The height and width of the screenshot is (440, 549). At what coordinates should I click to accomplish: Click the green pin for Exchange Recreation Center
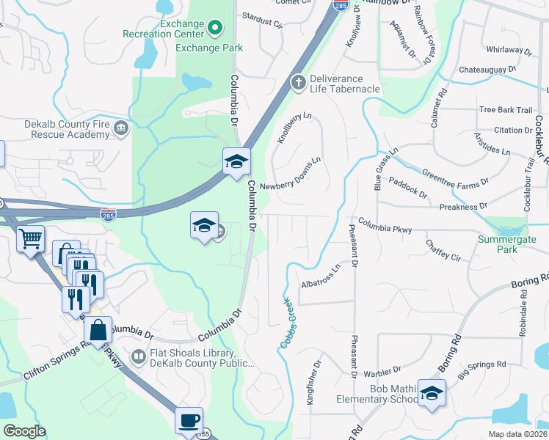[215, 29]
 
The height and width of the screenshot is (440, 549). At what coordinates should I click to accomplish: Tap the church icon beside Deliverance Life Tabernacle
[298, 81]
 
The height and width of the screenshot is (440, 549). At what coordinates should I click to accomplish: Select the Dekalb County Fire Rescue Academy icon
[122, 129]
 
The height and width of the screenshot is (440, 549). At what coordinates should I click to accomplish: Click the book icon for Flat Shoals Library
[138, 356]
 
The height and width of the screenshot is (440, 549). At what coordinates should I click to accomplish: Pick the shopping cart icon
[30, 238]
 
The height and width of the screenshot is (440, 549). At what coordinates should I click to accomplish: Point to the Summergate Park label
[507, 244]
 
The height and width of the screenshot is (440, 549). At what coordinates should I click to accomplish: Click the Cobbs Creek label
[286, 322]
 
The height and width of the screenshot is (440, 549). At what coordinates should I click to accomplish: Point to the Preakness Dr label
[457, 208]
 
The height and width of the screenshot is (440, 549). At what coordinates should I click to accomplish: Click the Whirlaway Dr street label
[509, 51]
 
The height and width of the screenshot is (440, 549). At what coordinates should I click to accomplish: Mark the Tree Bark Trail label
[505, 110]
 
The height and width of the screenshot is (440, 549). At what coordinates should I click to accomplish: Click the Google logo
[24, 431]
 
